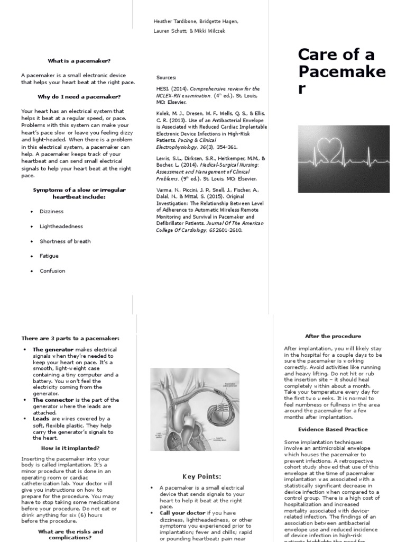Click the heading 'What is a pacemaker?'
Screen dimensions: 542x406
tap(79, 61)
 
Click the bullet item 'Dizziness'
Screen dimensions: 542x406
tap(51, 212)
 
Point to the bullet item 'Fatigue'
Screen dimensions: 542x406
tap(49, 256)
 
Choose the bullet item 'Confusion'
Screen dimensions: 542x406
tap(52, 271)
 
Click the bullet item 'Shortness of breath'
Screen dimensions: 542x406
tap(65, 241)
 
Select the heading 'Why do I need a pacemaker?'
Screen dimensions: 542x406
tap(79, 97)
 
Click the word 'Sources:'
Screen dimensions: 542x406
tap(166, 77)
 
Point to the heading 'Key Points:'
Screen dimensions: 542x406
tap(201, 476)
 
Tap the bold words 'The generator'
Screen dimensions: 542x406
tap(53, 350)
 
